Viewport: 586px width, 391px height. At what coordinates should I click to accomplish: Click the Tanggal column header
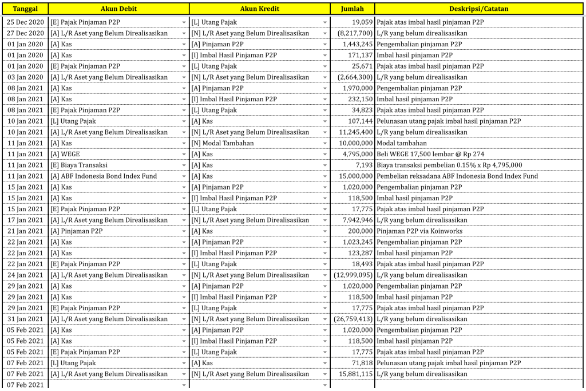coord(25,9)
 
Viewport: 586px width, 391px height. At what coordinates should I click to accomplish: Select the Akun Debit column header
coord(118,9)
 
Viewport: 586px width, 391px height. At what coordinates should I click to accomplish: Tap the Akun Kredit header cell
coord(259,9)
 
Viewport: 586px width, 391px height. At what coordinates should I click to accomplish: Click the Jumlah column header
coord(352,9)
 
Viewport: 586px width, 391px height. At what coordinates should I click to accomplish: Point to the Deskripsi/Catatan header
coord(478,9)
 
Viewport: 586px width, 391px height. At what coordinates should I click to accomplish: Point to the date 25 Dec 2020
coord(25,22)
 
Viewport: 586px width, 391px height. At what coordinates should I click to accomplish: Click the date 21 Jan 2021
coord(25,231)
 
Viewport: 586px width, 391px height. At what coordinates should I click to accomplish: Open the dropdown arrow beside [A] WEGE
coord(184,154)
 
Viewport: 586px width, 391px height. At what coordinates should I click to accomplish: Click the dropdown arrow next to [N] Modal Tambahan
coord(325,143)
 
